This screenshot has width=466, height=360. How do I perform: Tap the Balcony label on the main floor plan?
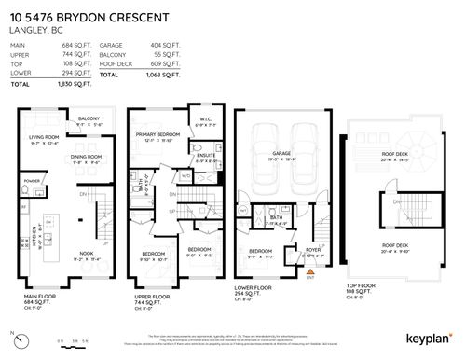89,119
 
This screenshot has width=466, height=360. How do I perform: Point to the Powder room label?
32,180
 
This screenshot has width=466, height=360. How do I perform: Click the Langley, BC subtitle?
34,30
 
